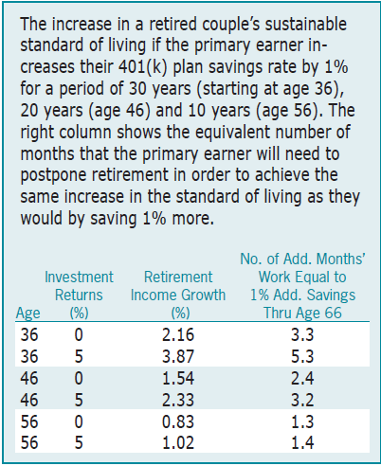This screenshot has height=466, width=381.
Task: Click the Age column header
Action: click(28, 313)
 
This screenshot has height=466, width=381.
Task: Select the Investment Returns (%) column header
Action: click(79, 295)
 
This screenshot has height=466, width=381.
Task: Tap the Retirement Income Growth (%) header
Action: click(178, 295)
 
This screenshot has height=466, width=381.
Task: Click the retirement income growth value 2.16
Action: click(178, 334)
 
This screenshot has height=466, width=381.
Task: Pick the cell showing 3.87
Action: click(178, 356)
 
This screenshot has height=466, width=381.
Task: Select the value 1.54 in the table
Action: click(178, 378)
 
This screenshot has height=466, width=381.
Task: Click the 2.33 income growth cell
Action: click(178, 400)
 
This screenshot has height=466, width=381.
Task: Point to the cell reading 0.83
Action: click(178, 421)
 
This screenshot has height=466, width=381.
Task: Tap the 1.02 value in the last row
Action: click(178, 442)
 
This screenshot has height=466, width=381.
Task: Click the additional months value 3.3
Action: click(302, 334)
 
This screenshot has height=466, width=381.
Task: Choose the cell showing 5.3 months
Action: click(302, 356)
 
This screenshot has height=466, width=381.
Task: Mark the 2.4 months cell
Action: click(302, 378)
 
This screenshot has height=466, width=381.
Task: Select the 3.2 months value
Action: click(302, 400)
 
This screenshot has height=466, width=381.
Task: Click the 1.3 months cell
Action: click(302, 421)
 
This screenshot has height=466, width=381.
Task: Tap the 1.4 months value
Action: click(302, 442)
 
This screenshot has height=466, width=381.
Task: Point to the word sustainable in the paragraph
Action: click(306, 24)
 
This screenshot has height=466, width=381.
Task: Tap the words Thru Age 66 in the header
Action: click(302, 313)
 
